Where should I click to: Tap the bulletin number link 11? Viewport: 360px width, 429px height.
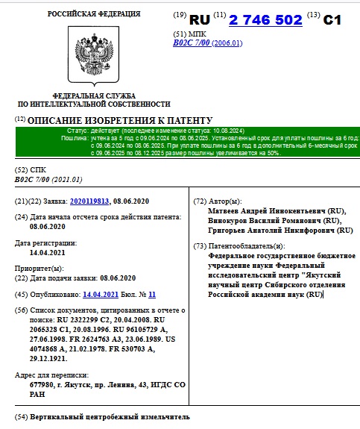[152, 294]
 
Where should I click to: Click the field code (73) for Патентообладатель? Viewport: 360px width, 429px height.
[199, 245]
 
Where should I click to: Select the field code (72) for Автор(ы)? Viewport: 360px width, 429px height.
[199, 201]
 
